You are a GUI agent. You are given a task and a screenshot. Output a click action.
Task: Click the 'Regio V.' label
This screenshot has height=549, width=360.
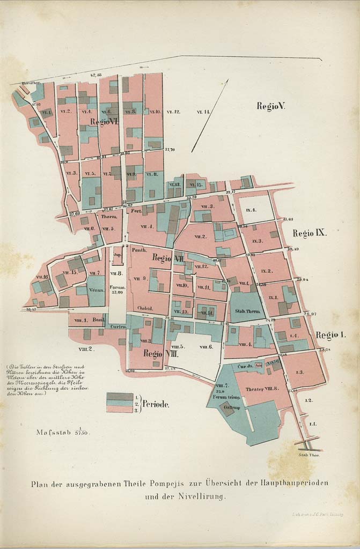(x=270, y=106)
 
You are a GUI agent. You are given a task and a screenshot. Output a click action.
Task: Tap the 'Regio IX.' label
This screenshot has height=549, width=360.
(x=310, y=233)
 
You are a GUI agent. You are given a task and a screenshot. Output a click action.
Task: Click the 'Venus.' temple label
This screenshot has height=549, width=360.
(x=96, y=290)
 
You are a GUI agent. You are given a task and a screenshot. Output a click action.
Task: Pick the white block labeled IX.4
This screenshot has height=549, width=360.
(x=251, y=210)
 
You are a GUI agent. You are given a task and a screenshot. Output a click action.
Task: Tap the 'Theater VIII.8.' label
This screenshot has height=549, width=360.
(x=261, y=389)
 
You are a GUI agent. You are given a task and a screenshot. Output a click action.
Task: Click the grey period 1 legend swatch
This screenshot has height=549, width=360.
(x=119, y=397)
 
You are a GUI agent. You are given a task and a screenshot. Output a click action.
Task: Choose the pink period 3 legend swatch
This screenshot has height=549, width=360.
(x=119, y=409)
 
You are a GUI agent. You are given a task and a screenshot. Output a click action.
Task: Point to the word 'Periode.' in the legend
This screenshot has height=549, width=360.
(x=156, y=405)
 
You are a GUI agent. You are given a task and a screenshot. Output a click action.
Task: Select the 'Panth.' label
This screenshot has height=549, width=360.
(x=139, y=250)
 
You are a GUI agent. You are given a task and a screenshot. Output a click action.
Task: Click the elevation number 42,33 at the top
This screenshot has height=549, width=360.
(x=96, y=76)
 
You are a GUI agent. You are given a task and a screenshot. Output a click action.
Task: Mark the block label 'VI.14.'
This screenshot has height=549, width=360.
(x=203, y=112)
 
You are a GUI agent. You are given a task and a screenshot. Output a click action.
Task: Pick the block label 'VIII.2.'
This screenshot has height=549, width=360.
(x=86, y=348)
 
